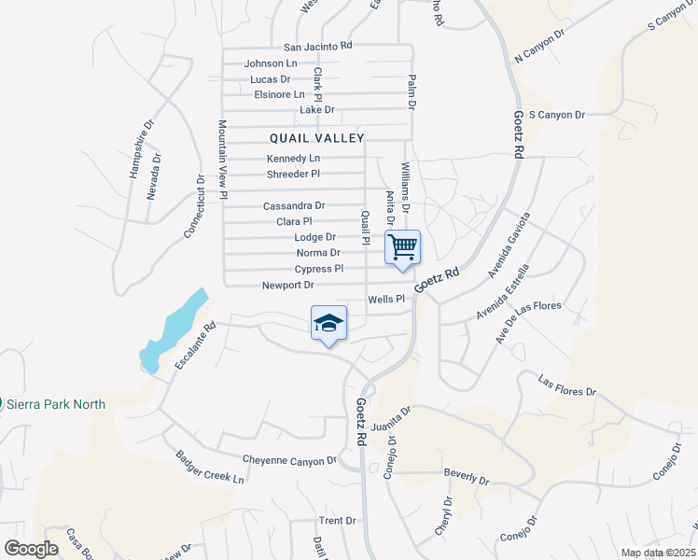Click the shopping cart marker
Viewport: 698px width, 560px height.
click(402, 248)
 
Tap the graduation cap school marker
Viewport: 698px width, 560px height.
click(328, 324)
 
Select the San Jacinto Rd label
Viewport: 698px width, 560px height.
click(318, 46)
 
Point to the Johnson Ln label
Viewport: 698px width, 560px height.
click(271, 63)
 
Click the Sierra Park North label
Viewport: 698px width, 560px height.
click(56, 404)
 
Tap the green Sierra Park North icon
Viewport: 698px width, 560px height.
click(3, 404)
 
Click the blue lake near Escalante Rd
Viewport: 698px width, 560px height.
click(172, 328)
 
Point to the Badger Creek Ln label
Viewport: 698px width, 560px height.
click(210, 468)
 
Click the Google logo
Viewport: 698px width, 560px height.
click(31, 549)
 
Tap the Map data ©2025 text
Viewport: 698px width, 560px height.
click(658, 553)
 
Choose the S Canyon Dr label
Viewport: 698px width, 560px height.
click(556, 115)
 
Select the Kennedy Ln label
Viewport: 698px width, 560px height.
click(294, 159)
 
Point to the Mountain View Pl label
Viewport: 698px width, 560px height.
click(223, 160)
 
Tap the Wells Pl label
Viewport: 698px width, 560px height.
click(385, 300)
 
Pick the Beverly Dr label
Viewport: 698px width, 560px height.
click(467, 476)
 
